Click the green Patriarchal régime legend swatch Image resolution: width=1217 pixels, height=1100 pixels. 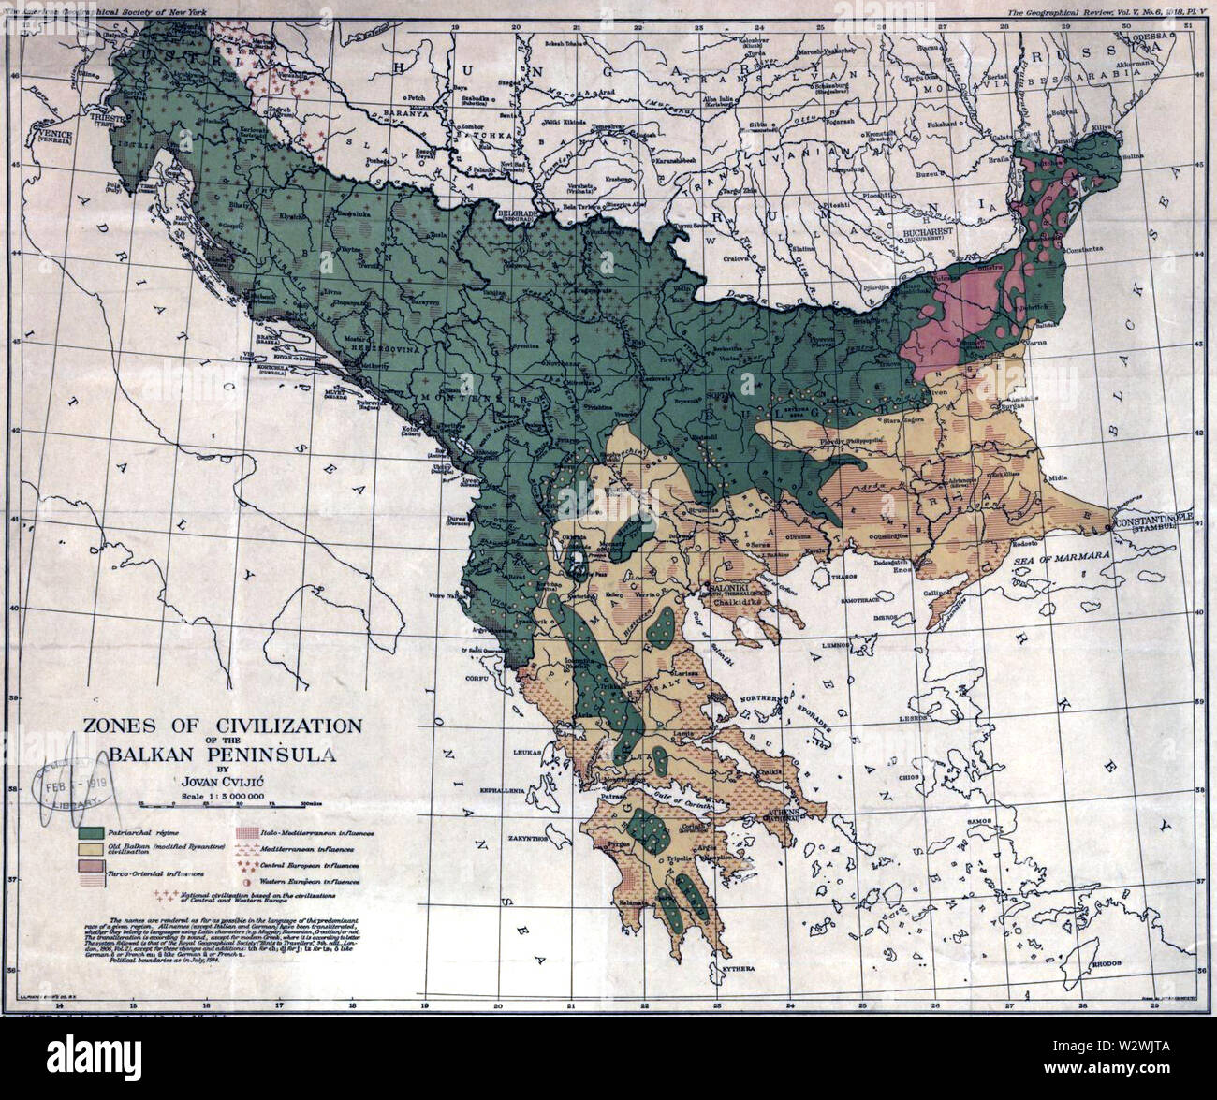point(92,832)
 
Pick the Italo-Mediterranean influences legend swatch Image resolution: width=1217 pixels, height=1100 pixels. point(245,831)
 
